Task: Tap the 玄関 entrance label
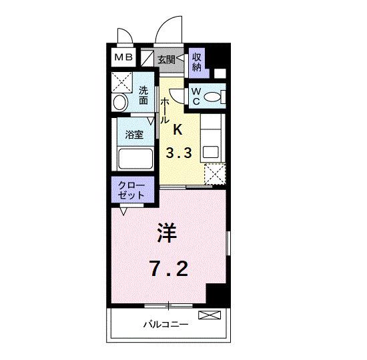[x=166, y=59]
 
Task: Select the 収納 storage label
[x=198, y=61]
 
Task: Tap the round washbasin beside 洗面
[x=121, y=103]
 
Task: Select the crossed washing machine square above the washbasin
[x=122, y=81]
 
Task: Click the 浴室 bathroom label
[x=134, y=134]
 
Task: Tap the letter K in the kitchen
[x=178, y=129]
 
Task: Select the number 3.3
[x=179, y=153]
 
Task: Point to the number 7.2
[x=168, y=269]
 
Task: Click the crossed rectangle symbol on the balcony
[x=208, y=314]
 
